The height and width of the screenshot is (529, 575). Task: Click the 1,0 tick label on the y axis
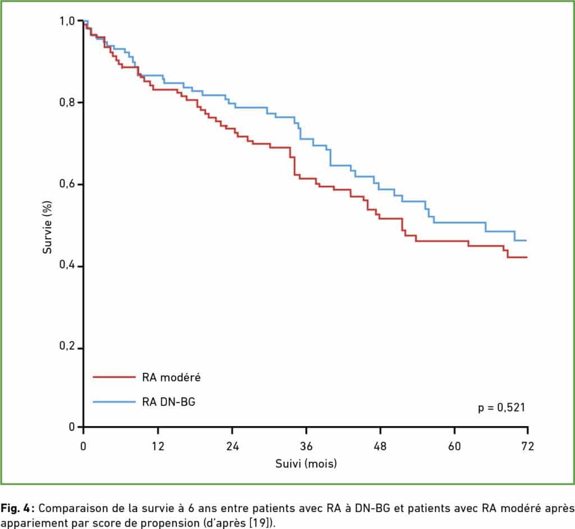(67, 21)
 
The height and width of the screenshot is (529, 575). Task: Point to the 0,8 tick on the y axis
(67, 103)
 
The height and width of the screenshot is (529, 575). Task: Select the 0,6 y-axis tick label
(67, 185)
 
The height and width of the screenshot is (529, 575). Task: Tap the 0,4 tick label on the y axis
(67, 266)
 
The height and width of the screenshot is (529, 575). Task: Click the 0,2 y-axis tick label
(67, 348)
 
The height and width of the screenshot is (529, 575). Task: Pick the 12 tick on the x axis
(158, 447)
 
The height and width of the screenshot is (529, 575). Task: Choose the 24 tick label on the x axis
(232, 447)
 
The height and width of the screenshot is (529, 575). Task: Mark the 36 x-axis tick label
(306, 447)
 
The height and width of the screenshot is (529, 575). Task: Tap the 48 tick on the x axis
(380, 447)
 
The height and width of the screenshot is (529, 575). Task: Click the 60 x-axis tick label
(454, 447)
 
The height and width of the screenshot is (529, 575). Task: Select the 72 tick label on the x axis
(528, 447)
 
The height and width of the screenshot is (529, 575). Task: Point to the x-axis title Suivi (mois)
(305, 464)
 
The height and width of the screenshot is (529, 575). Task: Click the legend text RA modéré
(171, 377)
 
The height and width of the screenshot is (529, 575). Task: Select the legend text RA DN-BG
(169, 402)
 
